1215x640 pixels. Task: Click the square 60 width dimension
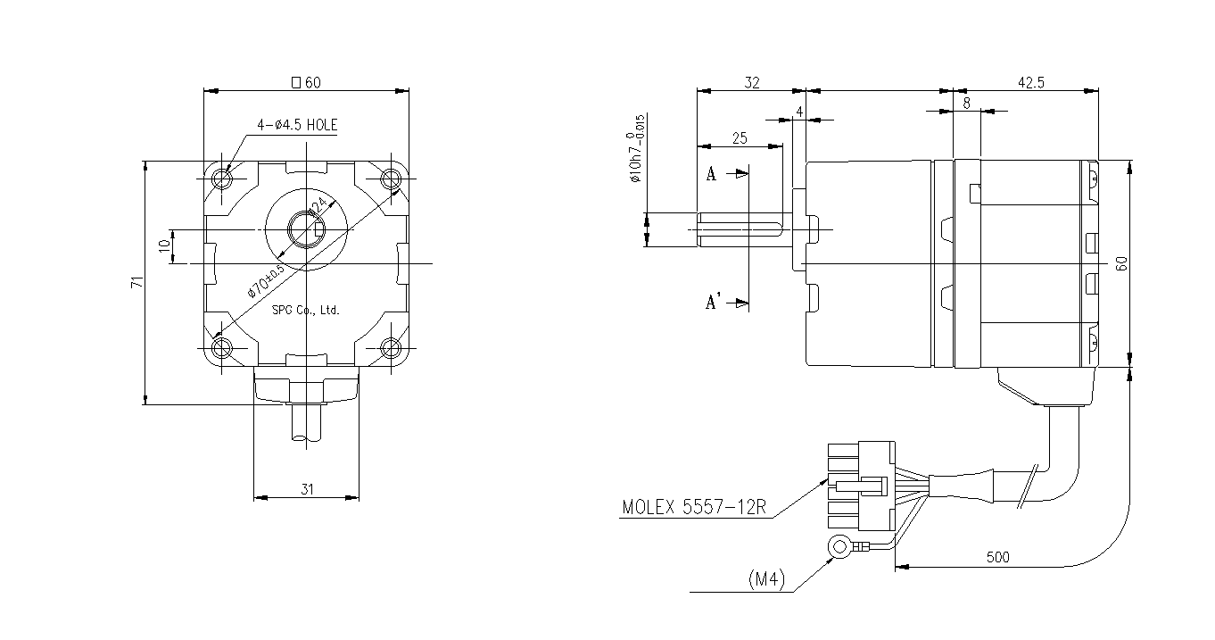coord(306,83)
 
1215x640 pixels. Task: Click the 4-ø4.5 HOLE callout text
coord(297,126)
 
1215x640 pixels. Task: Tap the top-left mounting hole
coord(222,179)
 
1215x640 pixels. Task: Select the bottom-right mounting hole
coord(391,347)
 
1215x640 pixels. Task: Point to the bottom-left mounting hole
coord(222,347)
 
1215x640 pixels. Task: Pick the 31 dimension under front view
coord(307,488)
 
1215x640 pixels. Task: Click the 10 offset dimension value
coord(164,246)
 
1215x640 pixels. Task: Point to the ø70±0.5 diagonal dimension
coord(266,280)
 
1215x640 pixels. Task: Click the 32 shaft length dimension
coord(751,83)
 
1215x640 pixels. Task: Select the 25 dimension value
coord(739,138)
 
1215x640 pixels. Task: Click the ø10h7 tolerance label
coord(635,148)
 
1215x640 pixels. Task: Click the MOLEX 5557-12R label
coord(694,508)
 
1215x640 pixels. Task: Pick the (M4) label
coord(765,580)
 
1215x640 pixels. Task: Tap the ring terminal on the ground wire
coord(839,546)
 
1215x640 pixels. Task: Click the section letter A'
coord(713,303)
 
